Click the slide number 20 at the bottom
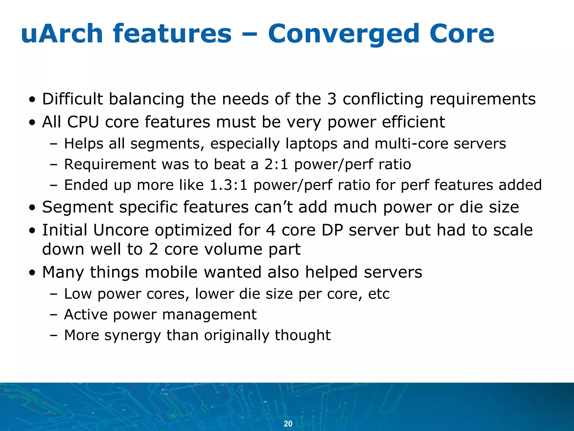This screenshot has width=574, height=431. click(x=288, y=423)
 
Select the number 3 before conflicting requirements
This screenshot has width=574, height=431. click(x=332, y=99)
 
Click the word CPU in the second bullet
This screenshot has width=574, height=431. click(x=83, y=122)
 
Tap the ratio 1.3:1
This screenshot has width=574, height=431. click(x=228, y=185)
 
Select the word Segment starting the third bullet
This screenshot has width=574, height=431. click(x=78, y=208)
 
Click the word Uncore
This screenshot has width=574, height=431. click(x=121, y=230)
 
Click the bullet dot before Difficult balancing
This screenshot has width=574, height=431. click(x=33, y=100)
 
